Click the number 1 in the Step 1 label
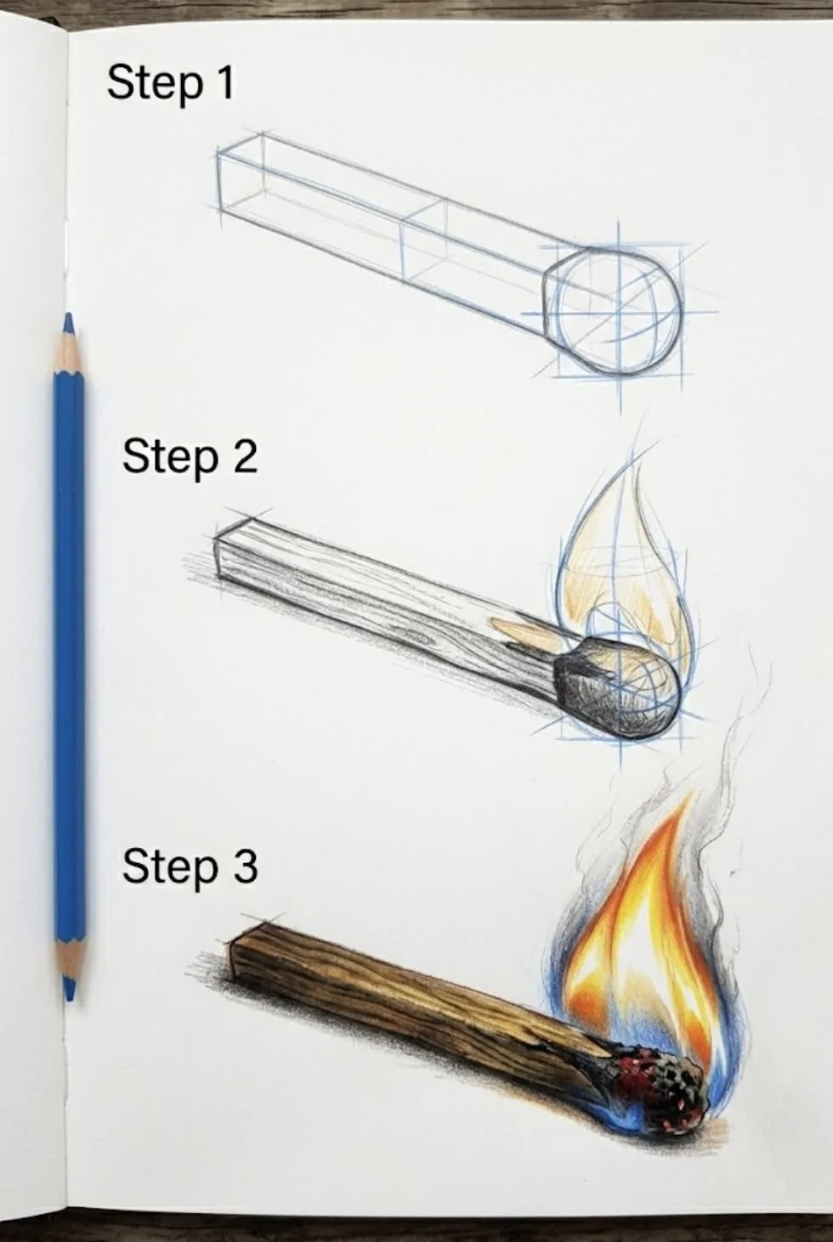[x=224, y=82]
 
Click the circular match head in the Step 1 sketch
[x=618, y=311]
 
